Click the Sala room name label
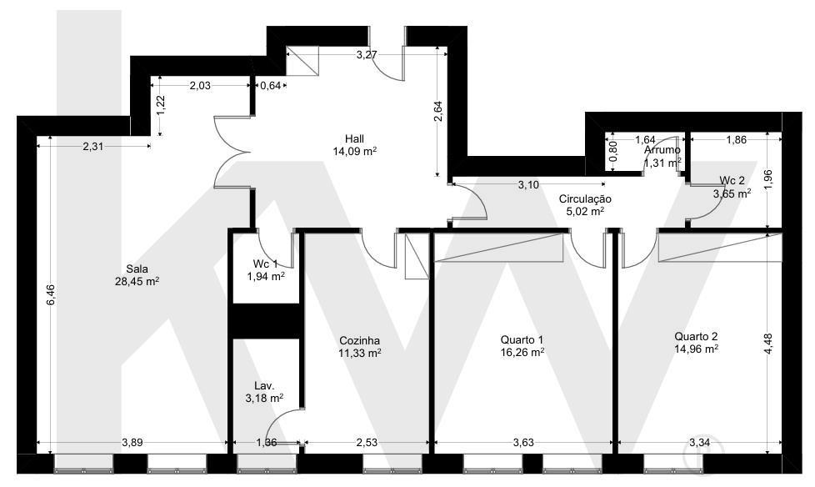(137, 269)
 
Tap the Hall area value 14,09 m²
(354, 152)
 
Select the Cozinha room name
(359, 341)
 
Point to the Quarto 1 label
(522, 339)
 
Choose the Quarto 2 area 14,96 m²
(697, 349)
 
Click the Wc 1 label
(266, 264)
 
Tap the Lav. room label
(264, 386)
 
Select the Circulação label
(585, 199)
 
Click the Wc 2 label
(732, 181)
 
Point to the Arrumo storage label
(662, 150)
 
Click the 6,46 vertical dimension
(51, 295)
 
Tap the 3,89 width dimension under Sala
(132, 443)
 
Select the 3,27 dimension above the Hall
(367, 55)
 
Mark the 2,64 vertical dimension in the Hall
(438, 112)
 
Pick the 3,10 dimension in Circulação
(528, 184)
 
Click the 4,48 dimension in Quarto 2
(768, 344)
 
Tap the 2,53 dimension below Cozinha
(367, 443)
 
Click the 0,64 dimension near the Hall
(270, 85)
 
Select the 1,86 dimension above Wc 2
(736, 139)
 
